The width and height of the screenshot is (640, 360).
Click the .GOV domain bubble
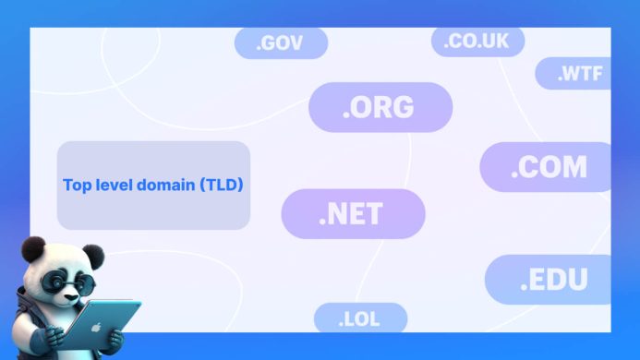tap(281, 43)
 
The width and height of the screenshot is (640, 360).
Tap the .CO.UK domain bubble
tap(477, 42)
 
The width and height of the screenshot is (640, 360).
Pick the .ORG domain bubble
tap(380, 107)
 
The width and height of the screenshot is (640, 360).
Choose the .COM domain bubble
tap(548, 167)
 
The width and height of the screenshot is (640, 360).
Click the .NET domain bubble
tap(352, 214)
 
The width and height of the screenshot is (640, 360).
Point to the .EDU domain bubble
tap(550, 280)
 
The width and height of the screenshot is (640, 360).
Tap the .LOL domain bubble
tap(359, 319)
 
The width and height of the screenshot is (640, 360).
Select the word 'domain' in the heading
tap(164, 186)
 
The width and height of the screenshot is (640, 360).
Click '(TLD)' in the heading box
tap(221, 186)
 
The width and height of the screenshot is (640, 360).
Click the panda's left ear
tap(34, 247)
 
